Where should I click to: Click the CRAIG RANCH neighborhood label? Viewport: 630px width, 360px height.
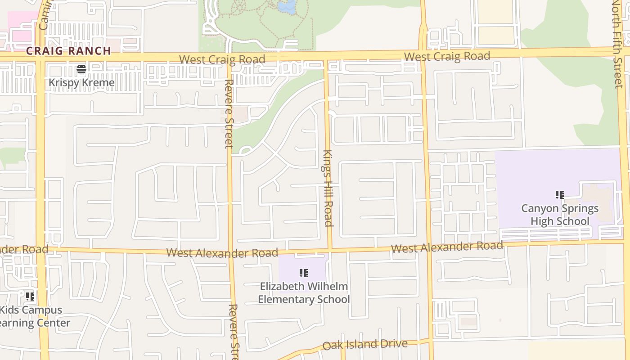tap(68, 51)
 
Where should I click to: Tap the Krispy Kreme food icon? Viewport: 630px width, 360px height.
tap(81, 69)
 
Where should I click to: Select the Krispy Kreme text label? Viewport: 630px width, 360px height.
tap(81, 83)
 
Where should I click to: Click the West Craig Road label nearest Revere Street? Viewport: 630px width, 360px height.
tap(222, 59)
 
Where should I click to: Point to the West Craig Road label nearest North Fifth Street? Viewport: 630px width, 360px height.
tap(447, 57)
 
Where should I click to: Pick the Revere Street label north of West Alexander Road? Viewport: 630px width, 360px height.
tap(229, 113)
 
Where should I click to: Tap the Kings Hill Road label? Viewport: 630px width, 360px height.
tap(328, 188)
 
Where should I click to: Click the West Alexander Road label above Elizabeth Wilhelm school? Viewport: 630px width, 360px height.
tap(222, 253)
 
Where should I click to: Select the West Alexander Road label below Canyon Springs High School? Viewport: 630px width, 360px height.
tap(447, 247)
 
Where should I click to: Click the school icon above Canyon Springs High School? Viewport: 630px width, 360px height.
tap(560, 195)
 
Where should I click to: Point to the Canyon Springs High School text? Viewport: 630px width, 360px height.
tap(560, 215)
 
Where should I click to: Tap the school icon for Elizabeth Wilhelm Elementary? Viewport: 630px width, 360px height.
tap(304, 273)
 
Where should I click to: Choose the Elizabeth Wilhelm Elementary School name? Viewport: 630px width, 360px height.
tap(304, 292)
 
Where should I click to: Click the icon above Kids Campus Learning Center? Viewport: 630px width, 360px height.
tap(30, 296)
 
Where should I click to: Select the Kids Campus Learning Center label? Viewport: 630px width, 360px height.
tap(34, 316)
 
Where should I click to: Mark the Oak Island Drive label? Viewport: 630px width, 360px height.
tap(365, 345)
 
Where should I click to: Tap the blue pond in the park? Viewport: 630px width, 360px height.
tap(287, 6)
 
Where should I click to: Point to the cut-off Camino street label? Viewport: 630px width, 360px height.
tap(44, 16)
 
